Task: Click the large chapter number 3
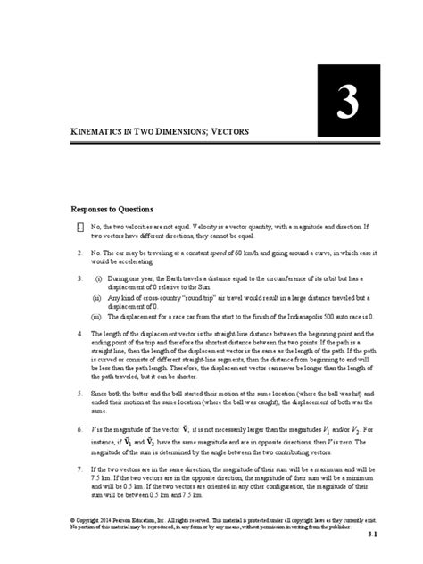click(x=342, y=105)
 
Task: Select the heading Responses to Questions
click(x=113, y=211)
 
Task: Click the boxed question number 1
click(x=79, y=228)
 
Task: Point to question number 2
click(x=79, y=253)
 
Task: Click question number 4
click(x=79, y=334)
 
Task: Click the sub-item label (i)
click(x=98, y=279)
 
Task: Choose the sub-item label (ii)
click(x=99, y=297)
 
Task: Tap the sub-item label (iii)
click(x=99, y=316)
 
